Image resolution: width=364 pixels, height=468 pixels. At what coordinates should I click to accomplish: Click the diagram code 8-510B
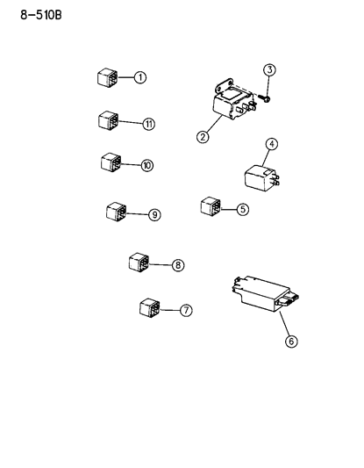[x=40, y=14]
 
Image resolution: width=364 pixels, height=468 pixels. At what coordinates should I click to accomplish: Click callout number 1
[x=140, y=77]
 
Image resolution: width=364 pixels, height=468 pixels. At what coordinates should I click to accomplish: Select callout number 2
[x=203, y=137]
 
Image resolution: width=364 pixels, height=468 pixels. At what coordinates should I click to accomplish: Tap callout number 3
[x=270, y=69]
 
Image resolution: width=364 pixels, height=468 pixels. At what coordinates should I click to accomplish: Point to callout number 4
[x=272, y=144]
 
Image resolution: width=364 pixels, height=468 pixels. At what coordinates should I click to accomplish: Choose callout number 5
[x=243, y=209]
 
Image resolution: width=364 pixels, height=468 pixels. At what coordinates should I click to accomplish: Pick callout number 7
[x=185, y=310]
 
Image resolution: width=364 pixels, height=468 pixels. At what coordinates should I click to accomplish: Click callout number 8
[x=178, y=264]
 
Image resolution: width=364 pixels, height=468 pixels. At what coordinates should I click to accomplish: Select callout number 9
[x=154, y=214]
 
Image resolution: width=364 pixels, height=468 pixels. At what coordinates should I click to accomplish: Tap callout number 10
[x=146, y=165]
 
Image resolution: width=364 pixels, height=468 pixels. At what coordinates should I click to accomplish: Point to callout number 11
[x=148, y=124]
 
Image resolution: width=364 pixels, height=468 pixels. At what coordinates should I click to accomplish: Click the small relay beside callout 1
[x=107, y=76]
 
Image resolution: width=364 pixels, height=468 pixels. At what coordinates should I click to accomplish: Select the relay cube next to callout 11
[x=109, y=120]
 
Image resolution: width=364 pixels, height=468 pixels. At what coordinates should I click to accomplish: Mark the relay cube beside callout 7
[x=148, y=308]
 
